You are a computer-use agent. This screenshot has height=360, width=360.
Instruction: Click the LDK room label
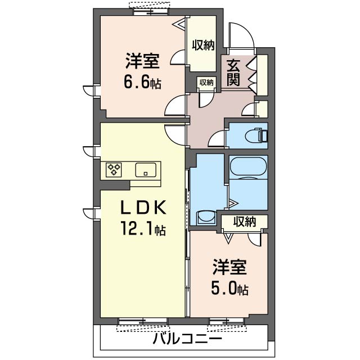pos(143,208)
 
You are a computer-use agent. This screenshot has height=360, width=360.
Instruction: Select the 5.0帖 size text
pos(229,289)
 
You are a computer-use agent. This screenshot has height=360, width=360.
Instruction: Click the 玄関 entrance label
pos(233,73)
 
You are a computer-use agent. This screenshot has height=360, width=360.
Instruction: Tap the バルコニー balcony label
pos(187,339)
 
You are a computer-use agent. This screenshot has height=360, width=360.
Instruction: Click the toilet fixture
pos(256,135)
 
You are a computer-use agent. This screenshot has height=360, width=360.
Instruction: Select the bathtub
pos(248,167)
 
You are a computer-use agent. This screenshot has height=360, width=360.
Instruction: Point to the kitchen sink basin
pos(146,170)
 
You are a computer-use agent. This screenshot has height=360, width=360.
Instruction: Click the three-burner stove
pos(114,170)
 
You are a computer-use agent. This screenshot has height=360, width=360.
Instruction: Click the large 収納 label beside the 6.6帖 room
pos(203,45)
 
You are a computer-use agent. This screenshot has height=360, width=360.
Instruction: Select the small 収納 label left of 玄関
pos(206,83)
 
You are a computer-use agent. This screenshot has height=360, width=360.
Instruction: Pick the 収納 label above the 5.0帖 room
pos(245,222)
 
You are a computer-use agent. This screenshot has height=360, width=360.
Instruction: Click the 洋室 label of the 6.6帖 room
pos(142,61)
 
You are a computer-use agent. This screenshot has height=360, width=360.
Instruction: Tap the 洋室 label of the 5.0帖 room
pos(229,267)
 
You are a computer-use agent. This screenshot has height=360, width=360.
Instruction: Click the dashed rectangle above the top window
pos(150,5)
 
